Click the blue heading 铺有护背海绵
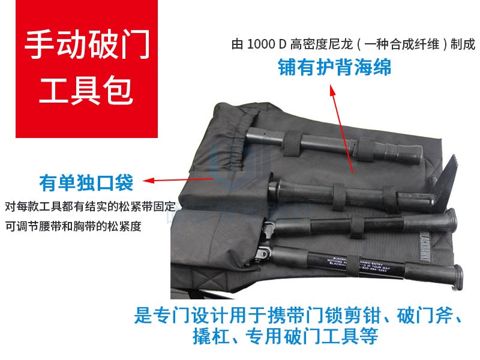(x=334, y=67)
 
